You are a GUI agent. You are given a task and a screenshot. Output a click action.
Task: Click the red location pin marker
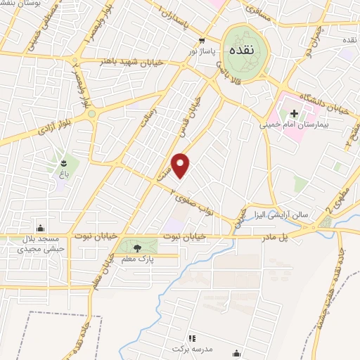click(181, 165)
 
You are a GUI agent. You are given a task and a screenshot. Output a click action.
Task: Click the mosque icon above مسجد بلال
click(40, 226)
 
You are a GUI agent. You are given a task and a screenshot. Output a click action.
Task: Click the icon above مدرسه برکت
click(191, 338)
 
